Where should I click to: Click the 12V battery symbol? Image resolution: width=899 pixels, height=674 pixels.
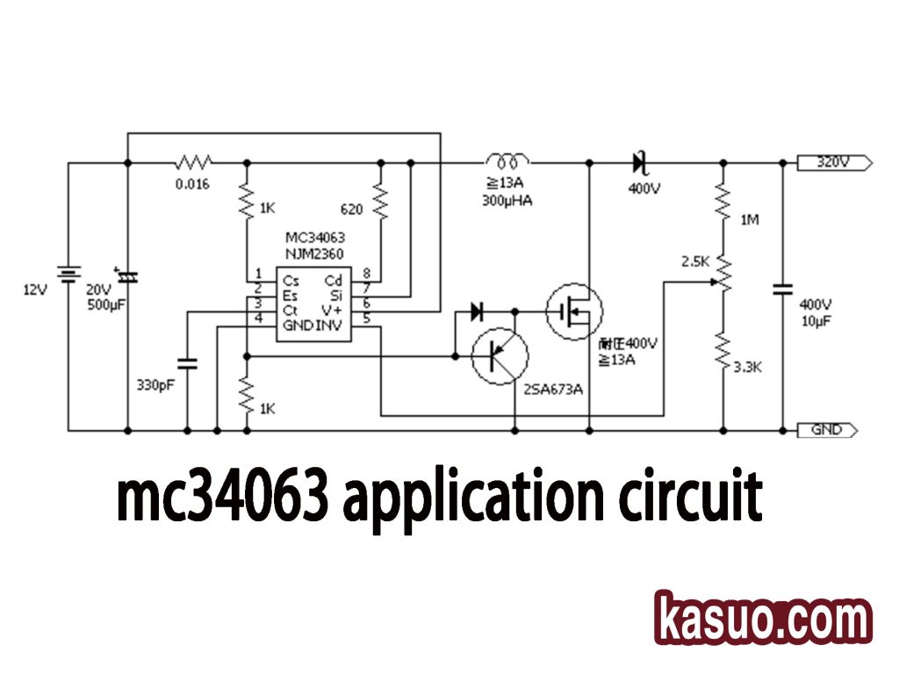[x=68, y=276]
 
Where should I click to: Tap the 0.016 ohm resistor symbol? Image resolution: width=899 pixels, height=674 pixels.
[x=194, y=162]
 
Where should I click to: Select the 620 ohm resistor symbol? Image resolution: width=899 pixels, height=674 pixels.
[x=381, y=201]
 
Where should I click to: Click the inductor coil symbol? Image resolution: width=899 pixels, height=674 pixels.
[x=507, y=161]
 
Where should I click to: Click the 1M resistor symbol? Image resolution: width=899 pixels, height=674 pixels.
[x=723, y=201]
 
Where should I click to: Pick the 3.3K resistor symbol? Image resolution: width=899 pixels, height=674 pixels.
[x=723, y=351]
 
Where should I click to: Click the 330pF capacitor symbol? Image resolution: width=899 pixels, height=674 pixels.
[x=187, y=362]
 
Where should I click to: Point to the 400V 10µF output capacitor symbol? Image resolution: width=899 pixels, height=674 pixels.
[x=781, y=289]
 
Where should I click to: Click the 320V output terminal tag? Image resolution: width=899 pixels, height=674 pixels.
[x=833, y=162]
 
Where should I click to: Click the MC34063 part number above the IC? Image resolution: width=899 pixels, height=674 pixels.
[x=314, y=238]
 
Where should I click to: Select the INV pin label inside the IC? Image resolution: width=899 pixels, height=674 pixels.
[x=328, y=326]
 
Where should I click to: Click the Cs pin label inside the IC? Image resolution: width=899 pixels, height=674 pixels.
[x=290, y=281]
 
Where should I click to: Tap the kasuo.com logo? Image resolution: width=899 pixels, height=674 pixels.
[x=763, y=618]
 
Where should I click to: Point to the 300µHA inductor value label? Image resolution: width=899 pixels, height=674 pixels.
[x=507, y=201]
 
